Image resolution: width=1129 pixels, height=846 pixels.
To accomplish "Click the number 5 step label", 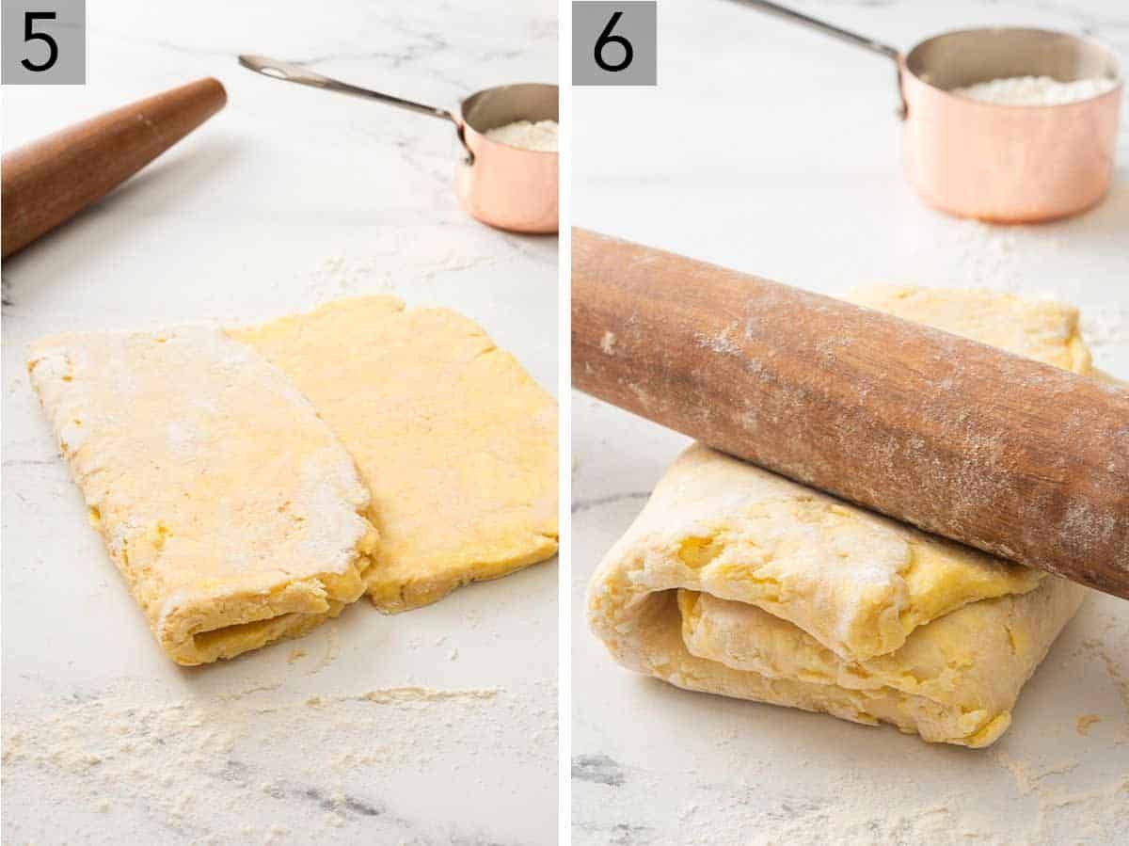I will coord(42,41).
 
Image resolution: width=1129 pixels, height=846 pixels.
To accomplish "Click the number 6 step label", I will coord(613,42).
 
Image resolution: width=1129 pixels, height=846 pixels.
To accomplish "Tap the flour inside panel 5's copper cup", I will coord(525,134).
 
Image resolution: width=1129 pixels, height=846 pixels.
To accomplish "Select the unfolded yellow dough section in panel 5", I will coord(442,433).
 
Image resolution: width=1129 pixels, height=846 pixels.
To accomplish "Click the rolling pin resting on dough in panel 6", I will coord(847,395).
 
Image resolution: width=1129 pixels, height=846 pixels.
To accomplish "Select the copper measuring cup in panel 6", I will coord(1007,141).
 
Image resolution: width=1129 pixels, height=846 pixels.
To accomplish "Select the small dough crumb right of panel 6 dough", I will coord(1087,723).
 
